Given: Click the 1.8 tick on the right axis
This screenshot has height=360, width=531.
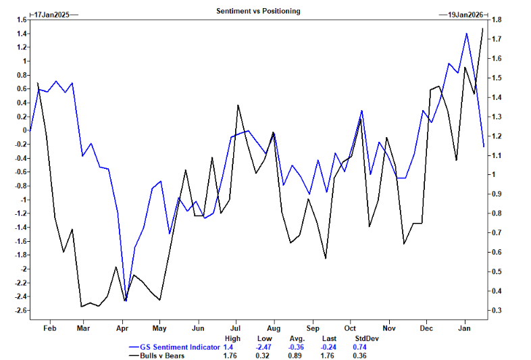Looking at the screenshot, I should point(497,20).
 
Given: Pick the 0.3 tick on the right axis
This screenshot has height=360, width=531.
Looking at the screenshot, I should point(497,311).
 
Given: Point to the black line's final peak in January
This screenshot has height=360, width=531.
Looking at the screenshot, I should point(482,28).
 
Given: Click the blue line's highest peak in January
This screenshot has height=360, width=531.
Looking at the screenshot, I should point(466,33).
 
